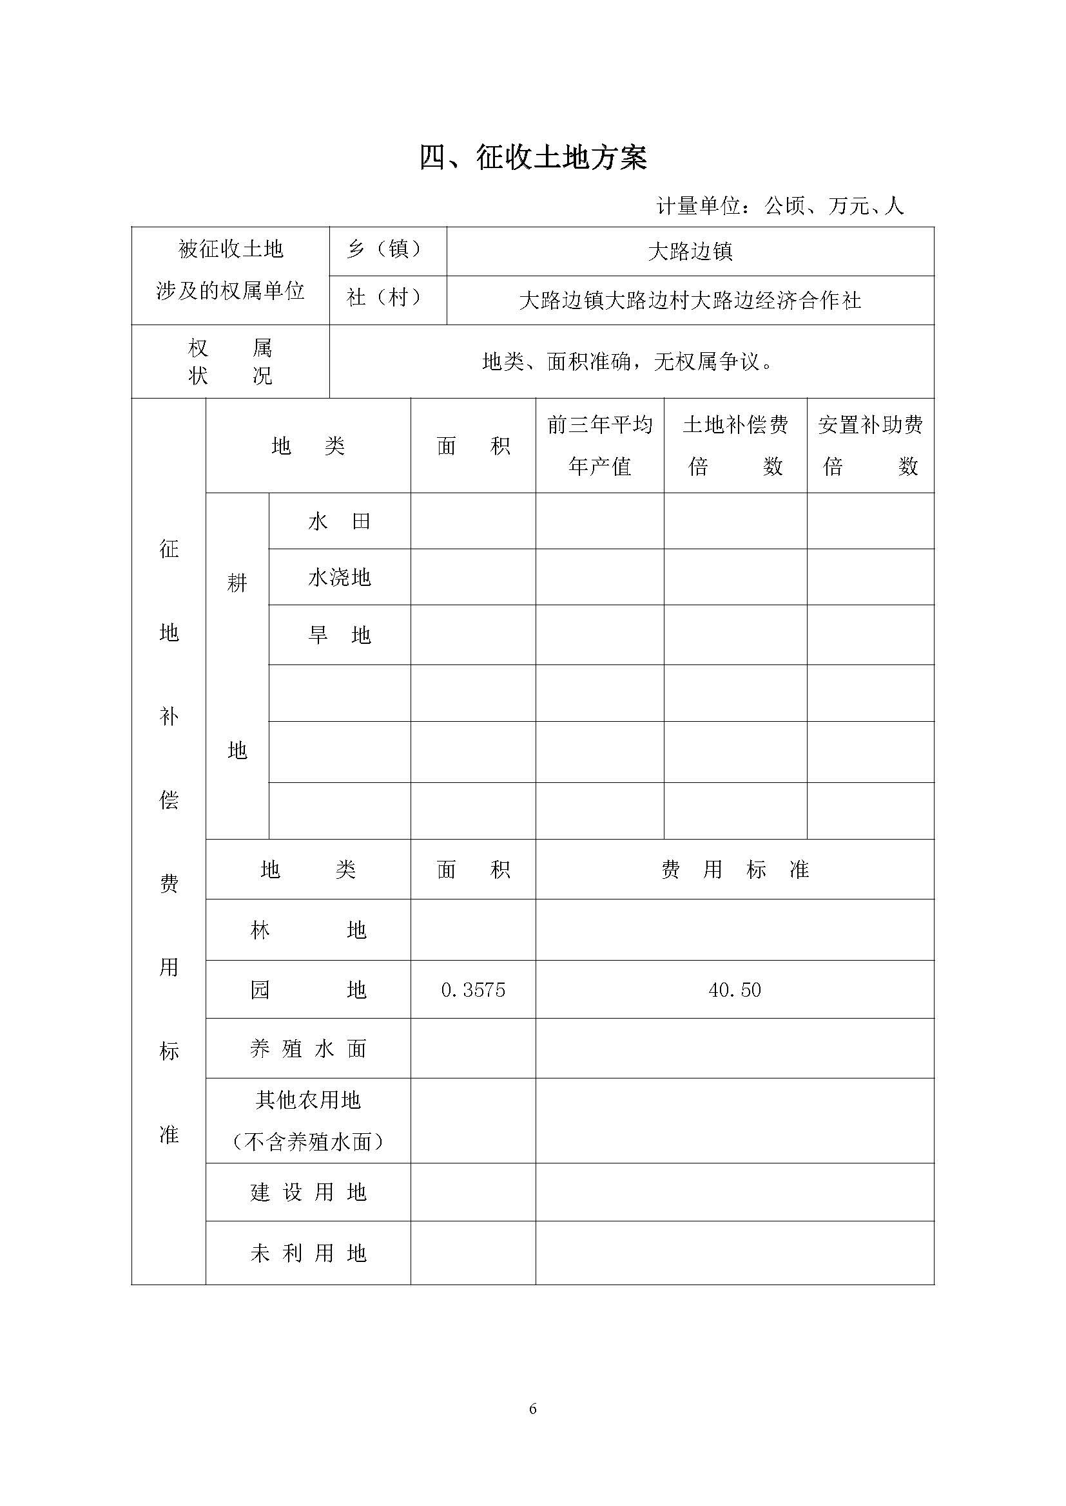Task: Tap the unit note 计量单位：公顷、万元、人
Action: [780, 206]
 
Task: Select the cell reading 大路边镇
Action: [690, 252]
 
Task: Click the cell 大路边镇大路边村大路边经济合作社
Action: [690, 301]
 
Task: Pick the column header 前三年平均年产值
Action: [599, 446]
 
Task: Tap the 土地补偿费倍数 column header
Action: [735, 446]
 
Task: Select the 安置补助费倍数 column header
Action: [870, 446]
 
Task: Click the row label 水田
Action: [340, 522]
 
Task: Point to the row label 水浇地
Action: [340, 577]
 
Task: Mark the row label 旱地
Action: [340, 635]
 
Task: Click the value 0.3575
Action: [473, 990]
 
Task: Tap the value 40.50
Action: [735, 990]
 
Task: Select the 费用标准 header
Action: [735, 870]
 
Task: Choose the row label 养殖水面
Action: [308, 1049]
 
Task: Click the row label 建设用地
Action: [308, 1192]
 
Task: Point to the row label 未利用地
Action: [308, 1254]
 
